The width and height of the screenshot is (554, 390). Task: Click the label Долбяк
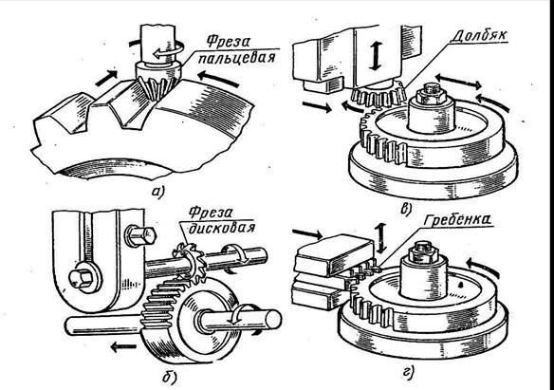point(481,35)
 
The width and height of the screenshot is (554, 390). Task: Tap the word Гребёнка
point(456,220)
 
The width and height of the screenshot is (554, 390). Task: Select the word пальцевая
point(236,58)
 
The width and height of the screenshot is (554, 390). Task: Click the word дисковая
point(222,228)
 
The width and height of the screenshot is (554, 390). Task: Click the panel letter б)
point(171,378)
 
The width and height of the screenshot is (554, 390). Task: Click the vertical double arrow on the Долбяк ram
point(377,56)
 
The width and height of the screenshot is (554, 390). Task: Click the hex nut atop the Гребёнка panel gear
point(424,251)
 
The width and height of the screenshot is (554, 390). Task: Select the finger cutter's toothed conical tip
point(157,85)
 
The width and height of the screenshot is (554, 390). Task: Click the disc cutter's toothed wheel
point(188,263)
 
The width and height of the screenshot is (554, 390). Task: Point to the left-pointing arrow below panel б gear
point(123,346)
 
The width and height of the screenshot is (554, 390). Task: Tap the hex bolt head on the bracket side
point(140,235)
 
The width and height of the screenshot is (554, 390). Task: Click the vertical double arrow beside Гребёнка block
point(380,238)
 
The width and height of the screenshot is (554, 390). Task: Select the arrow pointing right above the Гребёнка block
point(307,233)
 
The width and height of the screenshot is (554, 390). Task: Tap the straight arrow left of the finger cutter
point(106,78)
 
